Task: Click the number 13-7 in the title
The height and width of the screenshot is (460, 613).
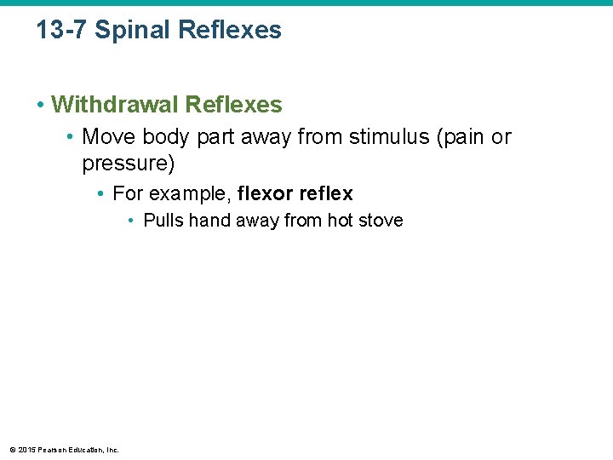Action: (x=62, y=31)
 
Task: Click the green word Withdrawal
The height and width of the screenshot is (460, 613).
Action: (x=114, y=105)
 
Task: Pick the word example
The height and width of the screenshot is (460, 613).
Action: (x=187, y=193)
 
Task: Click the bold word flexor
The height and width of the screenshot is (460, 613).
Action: (x=266, y=193)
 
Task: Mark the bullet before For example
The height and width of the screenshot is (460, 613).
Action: (x=101, y=194)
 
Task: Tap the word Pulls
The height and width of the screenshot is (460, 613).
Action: (x=163, y=221)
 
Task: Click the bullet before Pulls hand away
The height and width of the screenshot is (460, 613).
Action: (x=132, y=221)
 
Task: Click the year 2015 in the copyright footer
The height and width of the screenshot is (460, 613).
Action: (x=27, y=449)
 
